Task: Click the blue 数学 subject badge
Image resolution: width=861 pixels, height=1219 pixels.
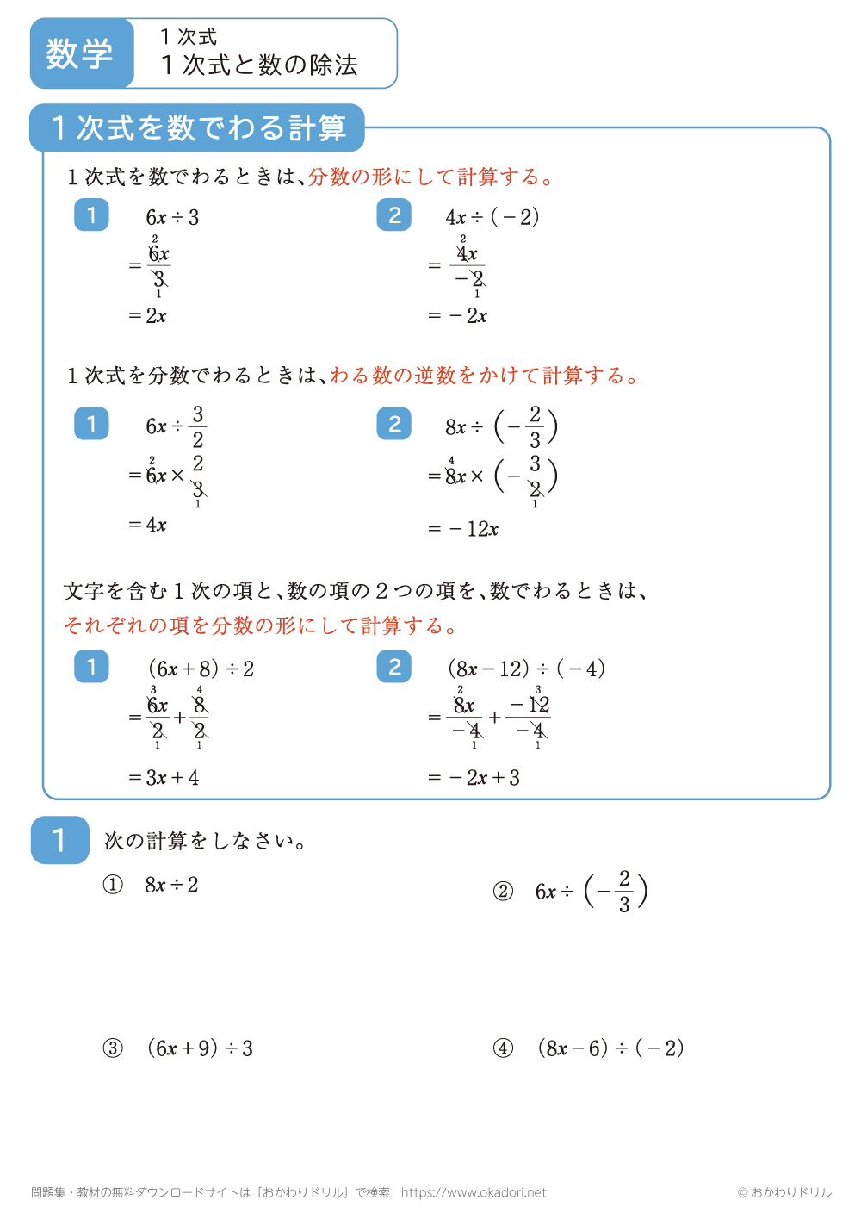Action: pos(81,53)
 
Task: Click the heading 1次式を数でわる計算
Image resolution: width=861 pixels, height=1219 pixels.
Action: pos(198,128)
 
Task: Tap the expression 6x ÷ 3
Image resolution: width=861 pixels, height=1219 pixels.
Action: pos(172,217)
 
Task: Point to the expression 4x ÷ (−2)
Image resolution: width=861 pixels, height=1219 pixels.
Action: pos(492,217)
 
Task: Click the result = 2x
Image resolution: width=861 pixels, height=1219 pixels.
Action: pos(148,316)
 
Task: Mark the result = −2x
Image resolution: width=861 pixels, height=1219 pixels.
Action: pos(458,316)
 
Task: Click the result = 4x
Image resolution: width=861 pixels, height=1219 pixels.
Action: pos(148,525)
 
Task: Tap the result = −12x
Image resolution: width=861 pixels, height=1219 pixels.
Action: pos(463,529)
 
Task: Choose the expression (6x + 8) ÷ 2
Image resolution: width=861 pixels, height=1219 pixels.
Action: pos(201,669)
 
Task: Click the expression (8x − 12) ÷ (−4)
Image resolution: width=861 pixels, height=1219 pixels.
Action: pos(526,669)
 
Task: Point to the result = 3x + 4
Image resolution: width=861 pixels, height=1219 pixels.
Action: pos(164,778)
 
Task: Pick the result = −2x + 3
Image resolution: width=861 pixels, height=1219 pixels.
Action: pos(474,778)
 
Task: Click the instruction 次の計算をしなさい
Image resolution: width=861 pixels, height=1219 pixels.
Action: pos(205,841)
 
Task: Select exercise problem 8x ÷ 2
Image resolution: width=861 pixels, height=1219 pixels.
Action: pos(171,885)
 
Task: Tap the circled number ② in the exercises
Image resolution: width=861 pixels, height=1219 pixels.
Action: pos(503,892)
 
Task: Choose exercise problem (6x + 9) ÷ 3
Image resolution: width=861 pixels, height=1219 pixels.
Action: pos(200,1048)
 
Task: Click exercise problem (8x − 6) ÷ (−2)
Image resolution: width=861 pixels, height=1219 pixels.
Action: pos(610,1048)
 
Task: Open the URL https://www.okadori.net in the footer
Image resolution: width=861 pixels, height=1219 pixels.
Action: pos(474,1193)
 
